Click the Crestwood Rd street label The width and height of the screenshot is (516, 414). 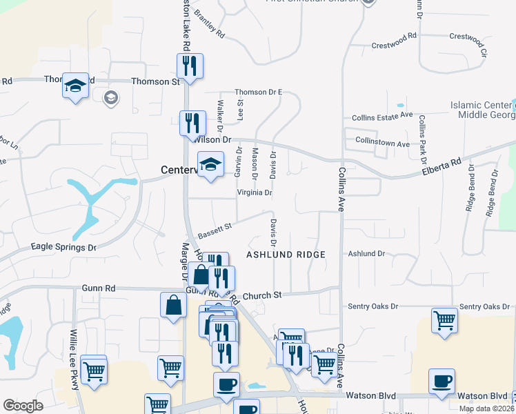click(395, 36)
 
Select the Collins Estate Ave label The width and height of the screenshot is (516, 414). click(381, 117)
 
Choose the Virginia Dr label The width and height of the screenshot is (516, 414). click(254, 193)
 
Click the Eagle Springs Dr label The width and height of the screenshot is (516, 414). click(63, 246)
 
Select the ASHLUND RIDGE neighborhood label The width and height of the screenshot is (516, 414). click(286, 255)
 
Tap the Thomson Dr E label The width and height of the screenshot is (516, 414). click(259, 92)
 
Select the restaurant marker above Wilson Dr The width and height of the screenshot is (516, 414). click(192, 124)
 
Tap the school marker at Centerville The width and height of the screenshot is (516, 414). click(210, 165)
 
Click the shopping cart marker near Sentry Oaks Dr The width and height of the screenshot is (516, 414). click(444, 319)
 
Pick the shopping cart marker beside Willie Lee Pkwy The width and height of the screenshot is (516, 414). click(93, 371)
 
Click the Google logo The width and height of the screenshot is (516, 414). click(23, 406)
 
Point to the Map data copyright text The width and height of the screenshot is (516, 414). click(487, 408)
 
